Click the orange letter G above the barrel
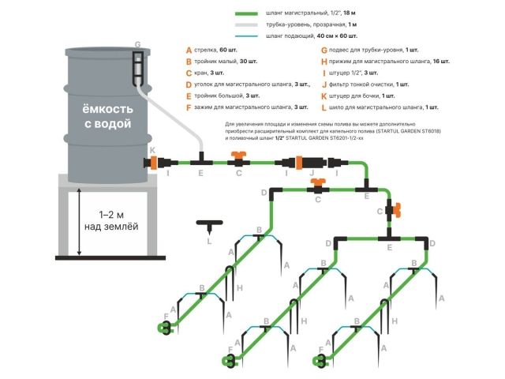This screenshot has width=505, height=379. [137, 44]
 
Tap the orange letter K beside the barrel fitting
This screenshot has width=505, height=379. [152, 149]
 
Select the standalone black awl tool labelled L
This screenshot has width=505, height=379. [207, 227]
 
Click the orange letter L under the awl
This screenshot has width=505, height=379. [208, 242]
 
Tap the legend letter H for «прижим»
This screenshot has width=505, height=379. [324, 61]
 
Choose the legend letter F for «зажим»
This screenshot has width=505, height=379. [188, 107]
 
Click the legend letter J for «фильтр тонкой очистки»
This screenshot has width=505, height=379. [324, 84]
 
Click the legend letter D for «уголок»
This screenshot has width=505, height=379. [188, 84]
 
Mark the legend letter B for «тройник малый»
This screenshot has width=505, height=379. [188, 61]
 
